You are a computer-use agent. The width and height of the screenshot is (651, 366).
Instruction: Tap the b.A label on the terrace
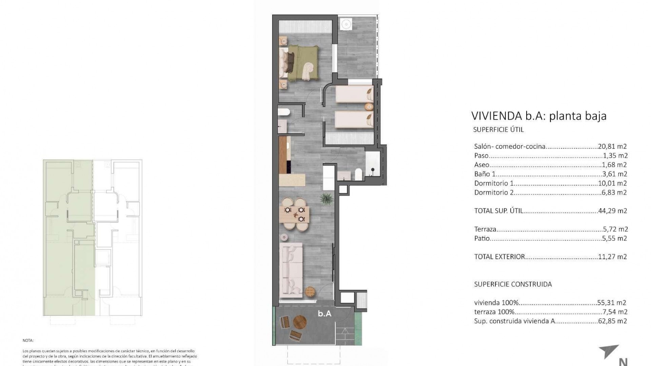(x=324, y=314)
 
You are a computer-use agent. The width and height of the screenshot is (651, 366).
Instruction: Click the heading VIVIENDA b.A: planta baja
(x=539, y=116)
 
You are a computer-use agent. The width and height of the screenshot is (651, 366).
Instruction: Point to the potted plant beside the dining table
(x=327, y=199)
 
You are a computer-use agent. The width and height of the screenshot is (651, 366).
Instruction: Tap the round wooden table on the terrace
(x=300, y=322)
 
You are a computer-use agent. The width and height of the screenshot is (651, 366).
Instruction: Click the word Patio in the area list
(x=482, y=239)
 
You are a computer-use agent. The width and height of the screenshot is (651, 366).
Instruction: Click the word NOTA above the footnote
(x=28, y=340)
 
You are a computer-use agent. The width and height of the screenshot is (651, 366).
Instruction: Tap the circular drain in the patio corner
(x=346, y=24)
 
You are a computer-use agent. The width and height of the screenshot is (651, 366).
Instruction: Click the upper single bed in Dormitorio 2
(x=354, y=94)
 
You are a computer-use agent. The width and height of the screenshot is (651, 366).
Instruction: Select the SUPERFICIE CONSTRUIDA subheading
(x=513, y=284)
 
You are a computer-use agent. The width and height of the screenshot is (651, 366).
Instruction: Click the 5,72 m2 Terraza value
(x=614, y=229)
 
